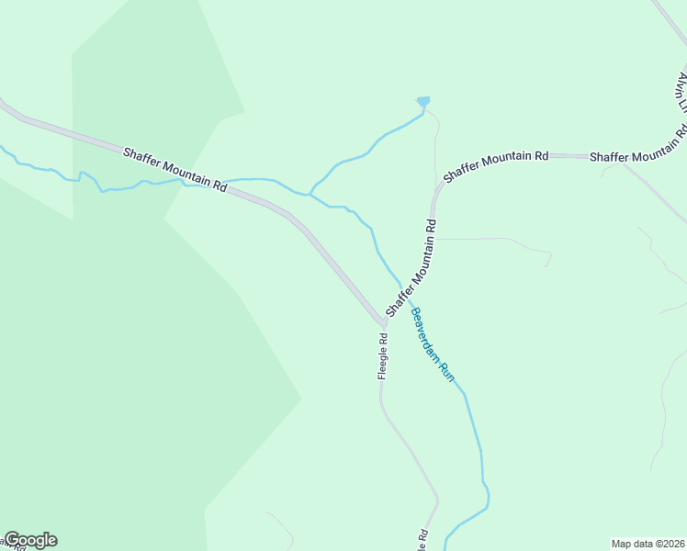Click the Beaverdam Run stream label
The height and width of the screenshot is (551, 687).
coord(433,344)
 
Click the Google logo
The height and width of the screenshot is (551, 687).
coord(30,540)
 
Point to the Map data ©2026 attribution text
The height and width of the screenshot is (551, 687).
coord(648,543)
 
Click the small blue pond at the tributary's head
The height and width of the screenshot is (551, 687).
coord(422,101)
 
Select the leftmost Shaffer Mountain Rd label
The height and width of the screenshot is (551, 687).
coord(175,168)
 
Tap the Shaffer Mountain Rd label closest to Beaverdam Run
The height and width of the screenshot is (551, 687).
coord(411,267)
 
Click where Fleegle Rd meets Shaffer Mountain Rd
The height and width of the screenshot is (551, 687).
coord(384,323)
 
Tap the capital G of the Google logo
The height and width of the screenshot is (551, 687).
coord(12,540)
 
